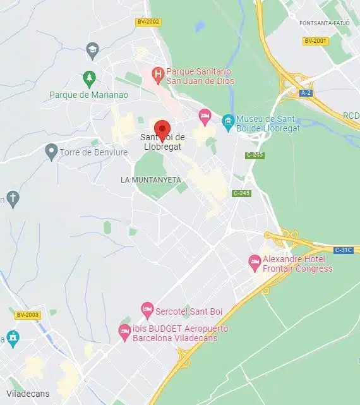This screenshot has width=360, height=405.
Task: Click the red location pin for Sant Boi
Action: tap(162, 130)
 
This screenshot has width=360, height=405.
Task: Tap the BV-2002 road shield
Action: tap(148, 22)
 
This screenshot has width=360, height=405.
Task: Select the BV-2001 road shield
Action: tap(315, 41)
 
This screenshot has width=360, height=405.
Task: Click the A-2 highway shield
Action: tap(306, 93)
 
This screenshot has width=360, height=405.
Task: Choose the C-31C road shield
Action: tap(343, 250)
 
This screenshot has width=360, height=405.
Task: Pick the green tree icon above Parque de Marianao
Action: tap(89, 78)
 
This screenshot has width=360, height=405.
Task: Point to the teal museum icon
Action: tap(227, 119)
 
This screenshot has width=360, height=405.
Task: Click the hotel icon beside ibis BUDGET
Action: tap(124, 331)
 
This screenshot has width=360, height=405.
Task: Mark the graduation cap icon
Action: tap(92, 49)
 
